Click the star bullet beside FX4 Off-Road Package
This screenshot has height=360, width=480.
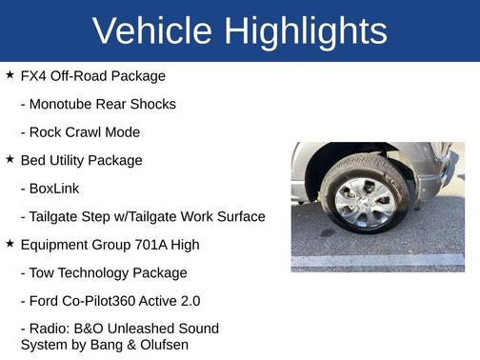pos(10,74)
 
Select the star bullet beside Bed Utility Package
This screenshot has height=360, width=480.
pos(10,159)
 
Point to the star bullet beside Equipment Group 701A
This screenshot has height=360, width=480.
pos(10,244)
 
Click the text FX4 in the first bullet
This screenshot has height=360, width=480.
pos(34,76)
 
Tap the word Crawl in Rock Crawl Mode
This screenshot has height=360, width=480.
pos(86,132)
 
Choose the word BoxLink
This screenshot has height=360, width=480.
pos(55,189)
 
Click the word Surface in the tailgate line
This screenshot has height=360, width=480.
pos(238,217)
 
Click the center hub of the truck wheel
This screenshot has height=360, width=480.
pos(363,201)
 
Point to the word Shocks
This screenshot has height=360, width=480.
pos(152,104)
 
